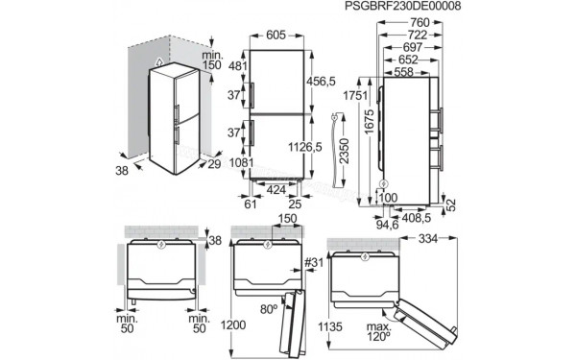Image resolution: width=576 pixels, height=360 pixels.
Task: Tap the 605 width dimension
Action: (x=276, y=35)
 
